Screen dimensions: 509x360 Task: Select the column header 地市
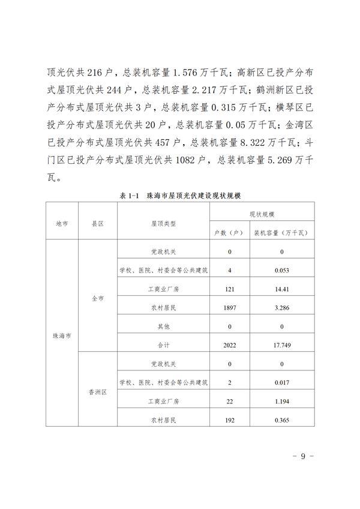tap(62, 222)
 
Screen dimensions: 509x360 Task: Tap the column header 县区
tap(98, 222)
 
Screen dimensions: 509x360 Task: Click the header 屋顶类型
tap(163, 222)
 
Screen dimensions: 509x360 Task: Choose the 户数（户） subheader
tap(229, 231)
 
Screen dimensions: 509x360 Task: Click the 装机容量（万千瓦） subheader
tap(282, 231)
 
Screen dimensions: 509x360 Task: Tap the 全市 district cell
tap(98, 298)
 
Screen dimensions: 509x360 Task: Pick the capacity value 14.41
tap(282, 289)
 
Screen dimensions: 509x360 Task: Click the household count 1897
tap(229, 308)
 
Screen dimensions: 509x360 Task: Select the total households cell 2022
tap(229, 345)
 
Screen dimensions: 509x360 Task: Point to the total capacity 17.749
tap(282, 345)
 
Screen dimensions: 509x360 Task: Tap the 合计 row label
tap(163, 345)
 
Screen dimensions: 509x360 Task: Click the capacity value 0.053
tap(282, 270)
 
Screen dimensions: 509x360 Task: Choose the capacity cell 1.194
tap(282, 401)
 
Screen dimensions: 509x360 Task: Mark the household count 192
tap(229, 420)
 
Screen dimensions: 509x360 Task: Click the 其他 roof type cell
tap(163, 327)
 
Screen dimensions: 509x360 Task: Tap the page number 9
tap(303, 456)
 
